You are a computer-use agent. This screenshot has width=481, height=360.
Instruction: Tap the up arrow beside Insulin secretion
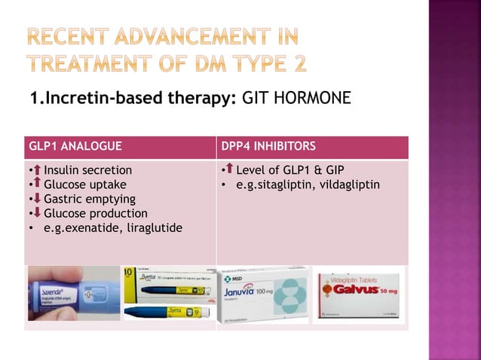[35, 170]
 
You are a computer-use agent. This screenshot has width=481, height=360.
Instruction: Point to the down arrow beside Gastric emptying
[35, 199]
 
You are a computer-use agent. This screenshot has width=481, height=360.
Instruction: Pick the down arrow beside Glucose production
[35, 213]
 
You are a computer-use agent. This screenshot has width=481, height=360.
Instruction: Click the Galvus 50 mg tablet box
[358, 294]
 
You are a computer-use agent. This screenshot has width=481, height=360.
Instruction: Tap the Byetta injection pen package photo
[170, 294]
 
